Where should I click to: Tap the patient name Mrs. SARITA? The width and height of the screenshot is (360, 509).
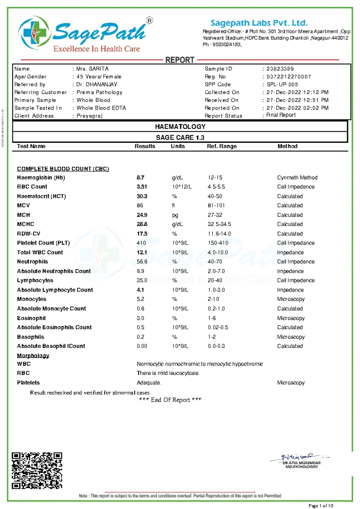pos(92,69)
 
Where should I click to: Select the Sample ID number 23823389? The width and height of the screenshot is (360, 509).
pos(280,69)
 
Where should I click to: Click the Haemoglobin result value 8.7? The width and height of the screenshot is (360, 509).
pos(140,178)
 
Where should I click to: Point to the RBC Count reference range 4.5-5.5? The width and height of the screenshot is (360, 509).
pos(216,187)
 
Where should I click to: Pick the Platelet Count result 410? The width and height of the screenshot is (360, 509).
pos(141,243)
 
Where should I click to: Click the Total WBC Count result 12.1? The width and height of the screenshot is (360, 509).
pos(142,252)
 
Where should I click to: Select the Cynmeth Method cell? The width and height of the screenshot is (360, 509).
pos(297,178)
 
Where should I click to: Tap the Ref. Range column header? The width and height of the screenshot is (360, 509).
pos(222,146)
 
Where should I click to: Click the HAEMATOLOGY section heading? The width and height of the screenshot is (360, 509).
pos(180,127)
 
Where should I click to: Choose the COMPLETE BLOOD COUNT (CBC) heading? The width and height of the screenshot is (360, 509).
pos(63,169)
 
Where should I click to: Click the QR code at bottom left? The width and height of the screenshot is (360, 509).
pos(37,471)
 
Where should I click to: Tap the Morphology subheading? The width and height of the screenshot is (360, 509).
pos(33,356)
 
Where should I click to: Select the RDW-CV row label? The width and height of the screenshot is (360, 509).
pos(28,234)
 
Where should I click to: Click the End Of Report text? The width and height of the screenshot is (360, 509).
pos(170,400)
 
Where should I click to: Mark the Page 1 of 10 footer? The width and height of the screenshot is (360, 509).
pos(321,506)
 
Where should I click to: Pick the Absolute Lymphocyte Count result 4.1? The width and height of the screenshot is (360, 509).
pos(140,290)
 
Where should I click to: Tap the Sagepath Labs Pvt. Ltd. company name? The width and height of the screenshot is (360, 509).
pos(259,23)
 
